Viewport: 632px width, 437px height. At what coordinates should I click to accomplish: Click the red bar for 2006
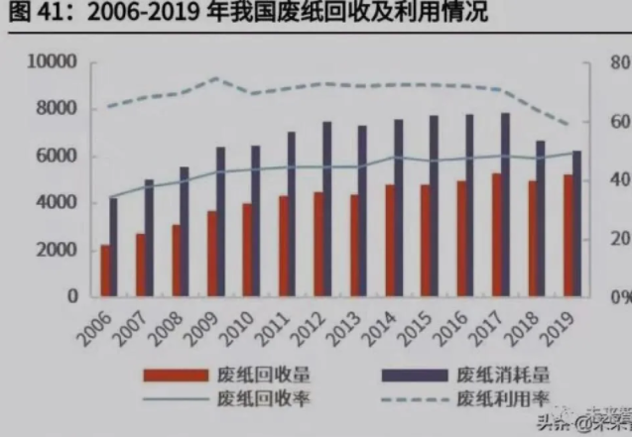coord(106,271)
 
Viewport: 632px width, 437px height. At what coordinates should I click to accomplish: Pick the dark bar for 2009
coord(221,222)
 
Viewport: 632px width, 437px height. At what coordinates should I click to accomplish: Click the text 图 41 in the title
coord(31,15)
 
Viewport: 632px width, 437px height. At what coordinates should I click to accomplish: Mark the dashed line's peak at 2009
coord(217,78)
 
